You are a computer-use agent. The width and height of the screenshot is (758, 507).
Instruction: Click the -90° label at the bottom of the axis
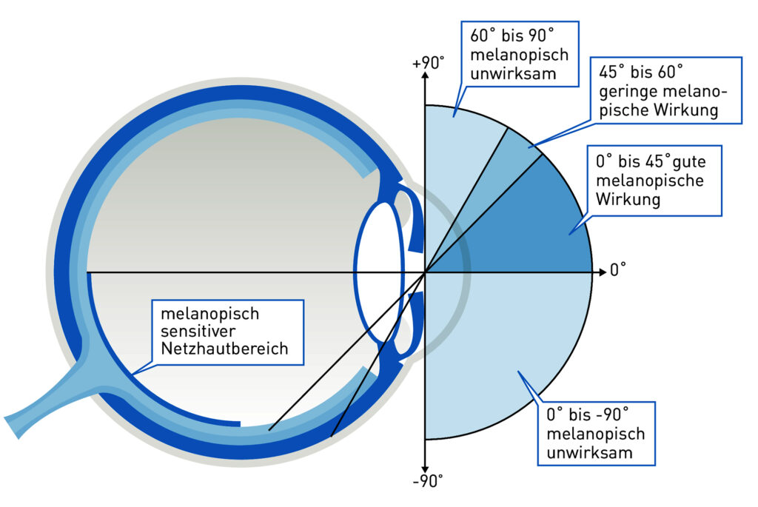(429, 483)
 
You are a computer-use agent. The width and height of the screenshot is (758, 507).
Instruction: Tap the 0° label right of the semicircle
(618, 270)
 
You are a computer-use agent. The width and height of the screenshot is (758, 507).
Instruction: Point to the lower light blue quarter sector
(496, 348)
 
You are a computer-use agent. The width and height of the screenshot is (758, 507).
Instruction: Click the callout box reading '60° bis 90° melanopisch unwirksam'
(514, 53)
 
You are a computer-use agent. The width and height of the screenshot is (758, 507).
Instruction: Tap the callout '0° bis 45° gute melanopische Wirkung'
(654, 180)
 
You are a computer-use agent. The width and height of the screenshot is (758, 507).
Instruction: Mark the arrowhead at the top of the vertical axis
(425, 76)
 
